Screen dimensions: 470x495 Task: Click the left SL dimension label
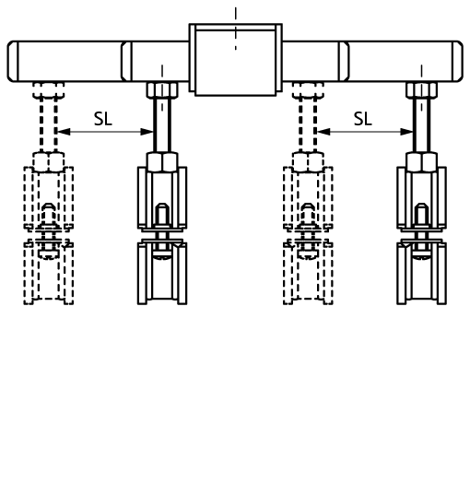[103, 119]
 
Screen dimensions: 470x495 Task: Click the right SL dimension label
[363, 119]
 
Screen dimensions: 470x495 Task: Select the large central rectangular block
[236, 59]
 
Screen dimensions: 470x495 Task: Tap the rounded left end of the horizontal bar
[13, 61]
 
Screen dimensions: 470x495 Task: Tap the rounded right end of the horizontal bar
[458, 61]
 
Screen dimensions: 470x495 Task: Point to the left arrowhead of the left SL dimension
[65, 132]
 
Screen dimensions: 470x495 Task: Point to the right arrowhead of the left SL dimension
[147, 132]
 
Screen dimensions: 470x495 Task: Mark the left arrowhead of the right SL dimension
[323, 132]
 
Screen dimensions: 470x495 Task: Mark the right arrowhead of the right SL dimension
[406, 132]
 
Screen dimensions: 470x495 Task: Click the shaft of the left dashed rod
[49, 125]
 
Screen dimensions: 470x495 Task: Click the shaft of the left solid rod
[162, 125]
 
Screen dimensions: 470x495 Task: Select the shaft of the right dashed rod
[308, 125]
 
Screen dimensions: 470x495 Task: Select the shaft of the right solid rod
[422, 125]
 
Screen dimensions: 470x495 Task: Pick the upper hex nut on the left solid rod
[162, 90]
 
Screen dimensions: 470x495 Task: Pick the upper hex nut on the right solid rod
[422, 90]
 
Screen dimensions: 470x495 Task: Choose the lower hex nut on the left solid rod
[162, 162]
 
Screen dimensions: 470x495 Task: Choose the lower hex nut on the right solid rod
[422, 162]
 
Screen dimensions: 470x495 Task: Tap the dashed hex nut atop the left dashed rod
[49, 90]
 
